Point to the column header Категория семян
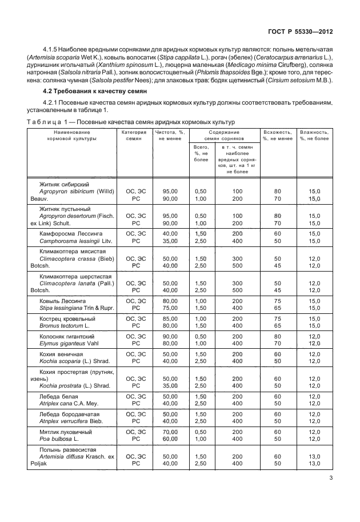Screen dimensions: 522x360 click(x=135, y=136)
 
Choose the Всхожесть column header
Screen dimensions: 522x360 click(x=277, y=136)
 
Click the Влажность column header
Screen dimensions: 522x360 click(x=314, y=136)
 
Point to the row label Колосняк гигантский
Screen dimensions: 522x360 click(x=67, y=336)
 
